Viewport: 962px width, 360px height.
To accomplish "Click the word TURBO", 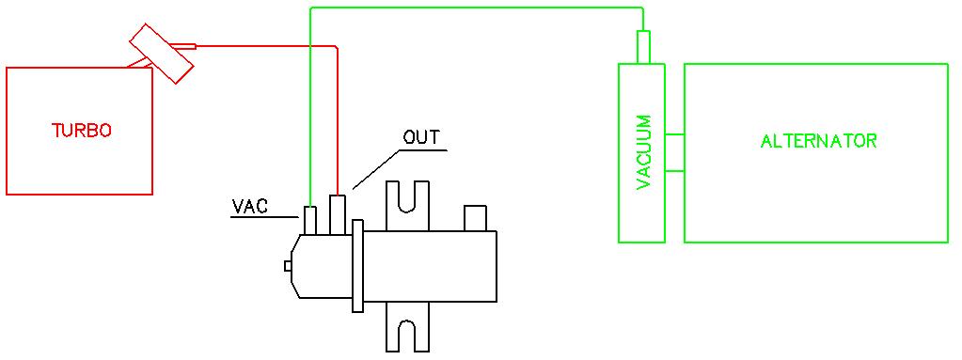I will tap(81, 131).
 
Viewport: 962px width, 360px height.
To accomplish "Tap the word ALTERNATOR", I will tap(818, 142).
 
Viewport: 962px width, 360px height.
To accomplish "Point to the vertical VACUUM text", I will tap(644, 152).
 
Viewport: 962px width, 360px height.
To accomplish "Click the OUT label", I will tap(421, 137).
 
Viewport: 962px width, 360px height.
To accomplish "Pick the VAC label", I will tap(250, 205).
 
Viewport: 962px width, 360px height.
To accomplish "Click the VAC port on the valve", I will tap(310, 219).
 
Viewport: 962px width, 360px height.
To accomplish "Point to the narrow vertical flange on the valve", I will tap(357, 265).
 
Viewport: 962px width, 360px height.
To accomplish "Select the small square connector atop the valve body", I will tap(475, 219).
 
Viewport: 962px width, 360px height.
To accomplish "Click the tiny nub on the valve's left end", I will tap(288, 266).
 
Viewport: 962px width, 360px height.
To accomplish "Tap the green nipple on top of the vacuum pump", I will tap(643, 48).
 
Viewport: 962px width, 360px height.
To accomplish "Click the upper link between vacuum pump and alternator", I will tap(674, 134).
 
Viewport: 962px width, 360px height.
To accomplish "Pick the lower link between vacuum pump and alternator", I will tap(674, 171).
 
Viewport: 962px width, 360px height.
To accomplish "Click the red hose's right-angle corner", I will tap(336, 46).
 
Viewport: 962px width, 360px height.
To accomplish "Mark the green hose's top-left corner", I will tap(310, 9).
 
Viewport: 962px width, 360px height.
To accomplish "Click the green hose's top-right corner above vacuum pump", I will tap(642, 9).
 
